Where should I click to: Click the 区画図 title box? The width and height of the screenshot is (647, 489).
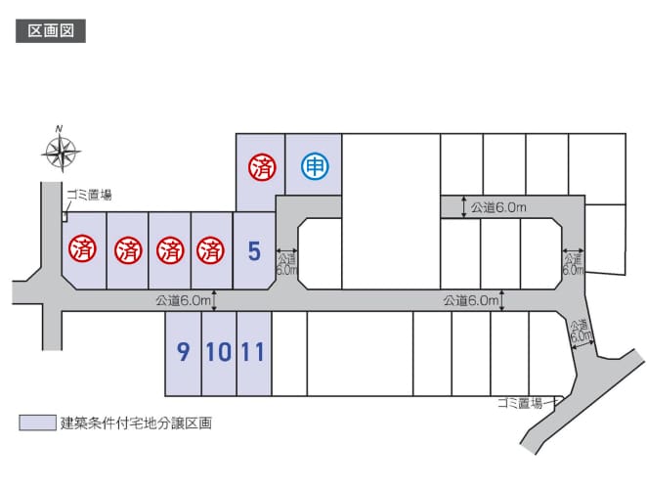(51, 31)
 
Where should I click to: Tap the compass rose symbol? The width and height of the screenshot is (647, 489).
(61, 152)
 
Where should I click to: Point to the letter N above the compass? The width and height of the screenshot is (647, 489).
(60, 128)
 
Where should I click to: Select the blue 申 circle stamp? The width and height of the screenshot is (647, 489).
(315, 167)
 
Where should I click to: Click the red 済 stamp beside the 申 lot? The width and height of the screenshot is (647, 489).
(262, 167)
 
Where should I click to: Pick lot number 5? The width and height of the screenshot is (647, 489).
(254, 250)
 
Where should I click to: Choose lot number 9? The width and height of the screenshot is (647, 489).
(183, 352)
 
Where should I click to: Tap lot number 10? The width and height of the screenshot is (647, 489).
(219, 352)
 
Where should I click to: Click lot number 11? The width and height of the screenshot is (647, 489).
(252, 352)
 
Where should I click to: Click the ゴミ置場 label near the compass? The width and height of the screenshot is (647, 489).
(89, 195)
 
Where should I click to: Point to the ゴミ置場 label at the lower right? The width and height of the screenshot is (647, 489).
(520, 403)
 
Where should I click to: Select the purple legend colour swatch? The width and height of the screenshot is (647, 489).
(37, 422)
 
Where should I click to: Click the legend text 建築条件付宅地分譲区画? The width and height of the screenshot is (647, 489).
(136, 422)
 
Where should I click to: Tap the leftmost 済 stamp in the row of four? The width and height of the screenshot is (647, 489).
(82, 249)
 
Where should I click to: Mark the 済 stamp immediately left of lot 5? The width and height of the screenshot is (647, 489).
(210, 250)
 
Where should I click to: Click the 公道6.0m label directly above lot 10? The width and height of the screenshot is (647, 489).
(183, 300)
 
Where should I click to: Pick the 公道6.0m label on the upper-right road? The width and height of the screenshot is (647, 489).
(498, 207)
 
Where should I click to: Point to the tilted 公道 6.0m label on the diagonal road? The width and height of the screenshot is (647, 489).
(581, 331)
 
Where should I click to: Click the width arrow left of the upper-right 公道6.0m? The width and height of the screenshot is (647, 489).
(464, 207)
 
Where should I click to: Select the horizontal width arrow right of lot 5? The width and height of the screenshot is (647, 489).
(286, 250)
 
